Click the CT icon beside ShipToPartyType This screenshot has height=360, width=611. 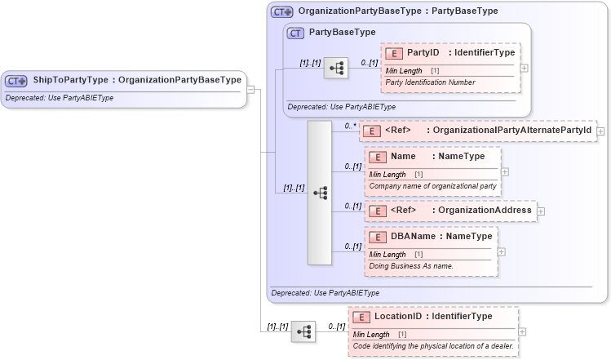pos(16,81)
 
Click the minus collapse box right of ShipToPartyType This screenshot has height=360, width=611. pos(251,89)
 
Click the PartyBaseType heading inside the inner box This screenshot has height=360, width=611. pos(342,32)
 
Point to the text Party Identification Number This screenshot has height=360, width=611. pos(429,82)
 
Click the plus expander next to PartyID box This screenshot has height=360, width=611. pos(524,68)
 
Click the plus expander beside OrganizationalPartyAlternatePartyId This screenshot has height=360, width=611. pos(600,130)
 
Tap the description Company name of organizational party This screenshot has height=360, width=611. pos(432,186)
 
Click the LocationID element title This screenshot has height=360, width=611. pos(432,316)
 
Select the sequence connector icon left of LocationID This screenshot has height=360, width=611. pos(303,331)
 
